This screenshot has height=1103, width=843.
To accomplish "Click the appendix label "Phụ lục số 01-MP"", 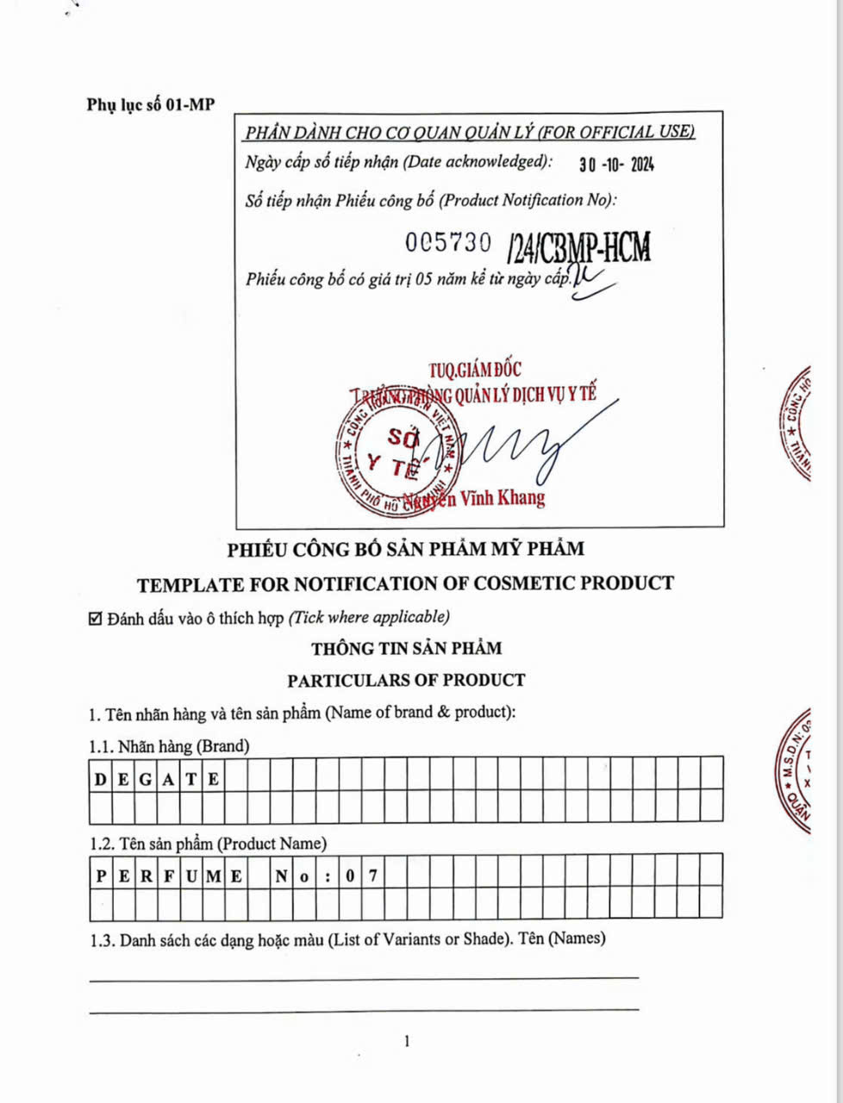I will click(151, 105).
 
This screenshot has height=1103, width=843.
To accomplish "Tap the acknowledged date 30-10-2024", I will click(616, 164).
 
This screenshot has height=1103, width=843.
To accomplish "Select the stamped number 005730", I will click(448, 243).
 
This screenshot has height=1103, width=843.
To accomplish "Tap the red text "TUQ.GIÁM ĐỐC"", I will click(475, 370).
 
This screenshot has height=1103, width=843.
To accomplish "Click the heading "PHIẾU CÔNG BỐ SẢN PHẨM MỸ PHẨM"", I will click(405, 549).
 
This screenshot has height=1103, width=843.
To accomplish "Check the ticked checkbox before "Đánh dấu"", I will click(97, 618).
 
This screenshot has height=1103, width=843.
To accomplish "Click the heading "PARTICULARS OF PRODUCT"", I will click(406, 680).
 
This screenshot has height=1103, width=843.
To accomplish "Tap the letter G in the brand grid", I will click(146, 780).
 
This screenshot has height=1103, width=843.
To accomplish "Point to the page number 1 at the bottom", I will click(407, 1042).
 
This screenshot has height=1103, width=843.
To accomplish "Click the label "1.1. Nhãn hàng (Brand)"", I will click(169, 746).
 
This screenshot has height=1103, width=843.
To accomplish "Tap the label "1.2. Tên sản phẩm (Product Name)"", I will click(208, 844).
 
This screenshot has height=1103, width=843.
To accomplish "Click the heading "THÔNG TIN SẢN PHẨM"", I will click(406, 648).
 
